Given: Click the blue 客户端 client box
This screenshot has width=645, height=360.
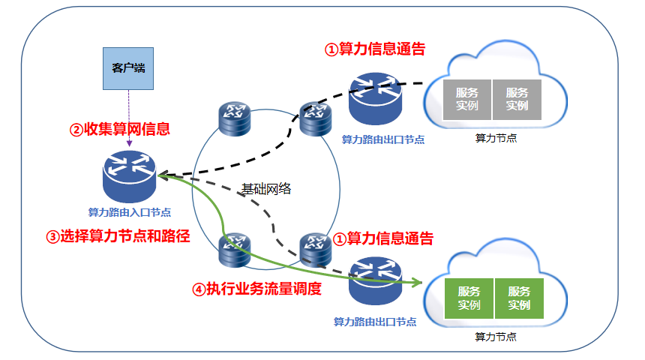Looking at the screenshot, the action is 128,68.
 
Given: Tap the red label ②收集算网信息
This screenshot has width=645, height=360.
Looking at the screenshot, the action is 120,129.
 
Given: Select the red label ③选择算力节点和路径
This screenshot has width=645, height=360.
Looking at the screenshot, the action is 118,236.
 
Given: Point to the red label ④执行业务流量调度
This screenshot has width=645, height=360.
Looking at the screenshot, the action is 256,289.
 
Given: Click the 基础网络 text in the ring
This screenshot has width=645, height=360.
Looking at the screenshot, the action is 266,189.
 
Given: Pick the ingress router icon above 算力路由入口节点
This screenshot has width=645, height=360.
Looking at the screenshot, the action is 130,176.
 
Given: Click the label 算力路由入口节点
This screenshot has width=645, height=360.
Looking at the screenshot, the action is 130,212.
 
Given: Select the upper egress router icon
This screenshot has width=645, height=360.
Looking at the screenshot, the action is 375,99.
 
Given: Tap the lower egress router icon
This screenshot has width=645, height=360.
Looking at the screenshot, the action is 375,280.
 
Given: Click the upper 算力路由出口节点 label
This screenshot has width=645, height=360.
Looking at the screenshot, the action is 383,140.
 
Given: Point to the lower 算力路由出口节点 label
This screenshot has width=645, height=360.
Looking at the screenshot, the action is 375,322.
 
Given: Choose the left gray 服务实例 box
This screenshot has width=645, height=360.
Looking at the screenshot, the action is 467,100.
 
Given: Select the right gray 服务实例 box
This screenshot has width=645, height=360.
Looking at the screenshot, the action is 517,100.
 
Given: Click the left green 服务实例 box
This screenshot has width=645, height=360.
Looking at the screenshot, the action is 469,298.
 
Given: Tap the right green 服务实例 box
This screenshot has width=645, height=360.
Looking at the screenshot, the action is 519,298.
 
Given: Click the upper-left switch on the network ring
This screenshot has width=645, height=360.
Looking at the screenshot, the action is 235,119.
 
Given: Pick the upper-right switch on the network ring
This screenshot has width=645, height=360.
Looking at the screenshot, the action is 316,119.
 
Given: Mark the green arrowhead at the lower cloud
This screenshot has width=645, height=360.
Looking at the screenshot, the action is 418,282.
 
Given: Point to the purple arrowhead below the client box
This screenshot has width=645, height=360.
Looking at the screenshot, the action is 129,143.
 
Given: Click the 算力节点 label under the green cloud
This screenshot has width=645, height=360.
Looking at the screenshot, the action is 496,337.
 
